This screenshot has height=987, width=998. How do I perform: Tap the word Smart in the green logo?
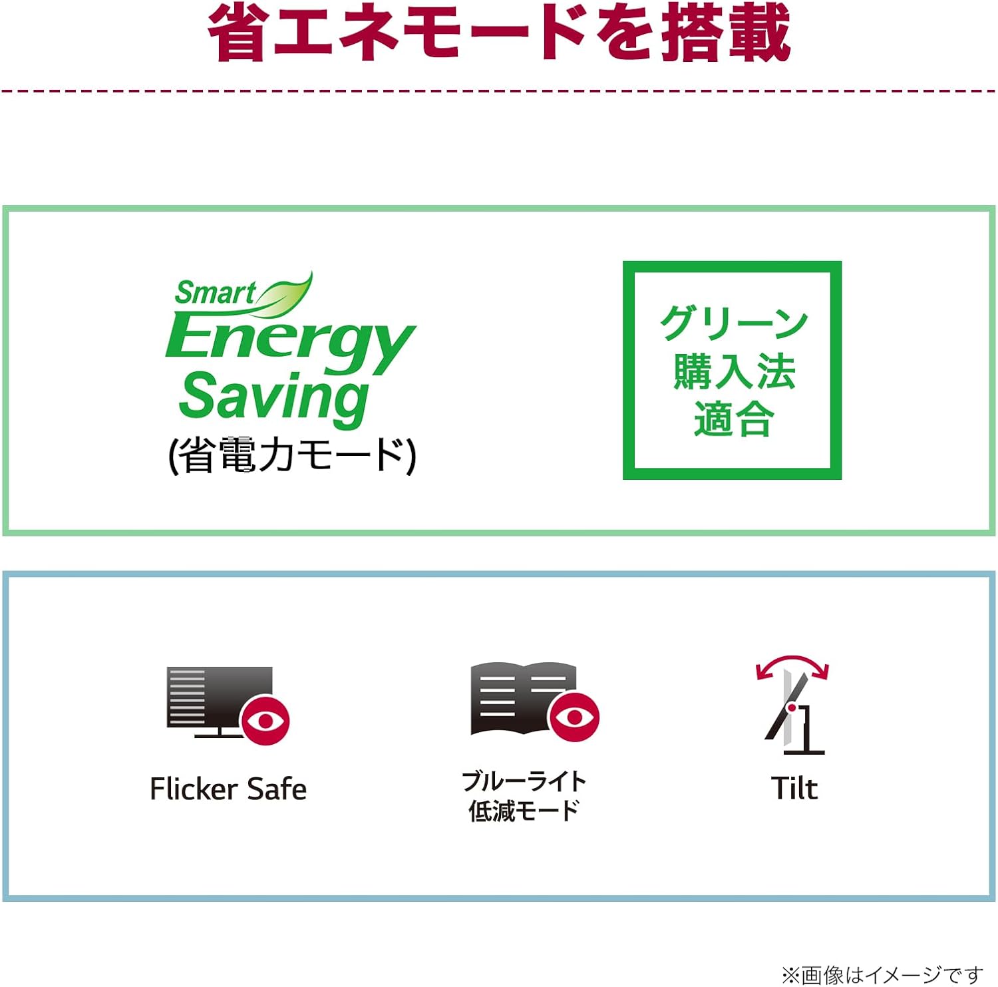click(x=215, y=292)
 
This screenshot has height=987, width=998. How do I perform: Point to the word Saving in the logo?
click(x=273, y=397)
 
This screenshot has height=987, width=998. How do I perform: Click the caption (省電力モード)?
click(x=293, y=455)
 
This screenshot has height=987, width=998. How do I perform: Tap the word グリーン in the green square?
click(x=734, y=323)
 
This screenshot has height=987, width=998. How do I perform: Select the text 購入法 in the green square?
click(x=734, y=371)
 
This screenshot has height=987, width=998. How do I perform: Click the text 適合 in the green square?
click(x=733, y=419)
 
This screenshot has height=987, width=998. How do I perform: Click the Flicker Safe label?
click(x=228, y=789)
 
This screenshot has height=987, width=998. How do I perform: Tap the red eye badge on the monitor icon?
click(x=265, y=719)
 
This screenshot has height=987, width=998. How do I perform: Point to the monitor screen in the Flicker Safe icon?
click(x=220, y=696)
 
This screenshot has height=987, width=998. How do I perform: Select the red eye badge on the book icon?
click(x=574, y=716)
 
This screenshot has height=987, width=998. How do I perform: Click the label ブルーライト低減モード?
click(x=524, y=796)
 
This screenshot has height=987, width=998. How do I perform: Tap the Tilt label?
click(x=794, y=789)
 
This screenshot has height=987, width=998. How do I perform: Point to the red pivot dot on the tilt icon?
click(x=792, y=707)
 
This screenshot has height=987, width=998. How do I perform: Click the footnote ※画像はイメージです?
click(x=882, y=975)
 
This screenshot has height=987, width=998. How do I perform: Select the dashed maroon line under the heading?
click(x=499, y=91)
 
